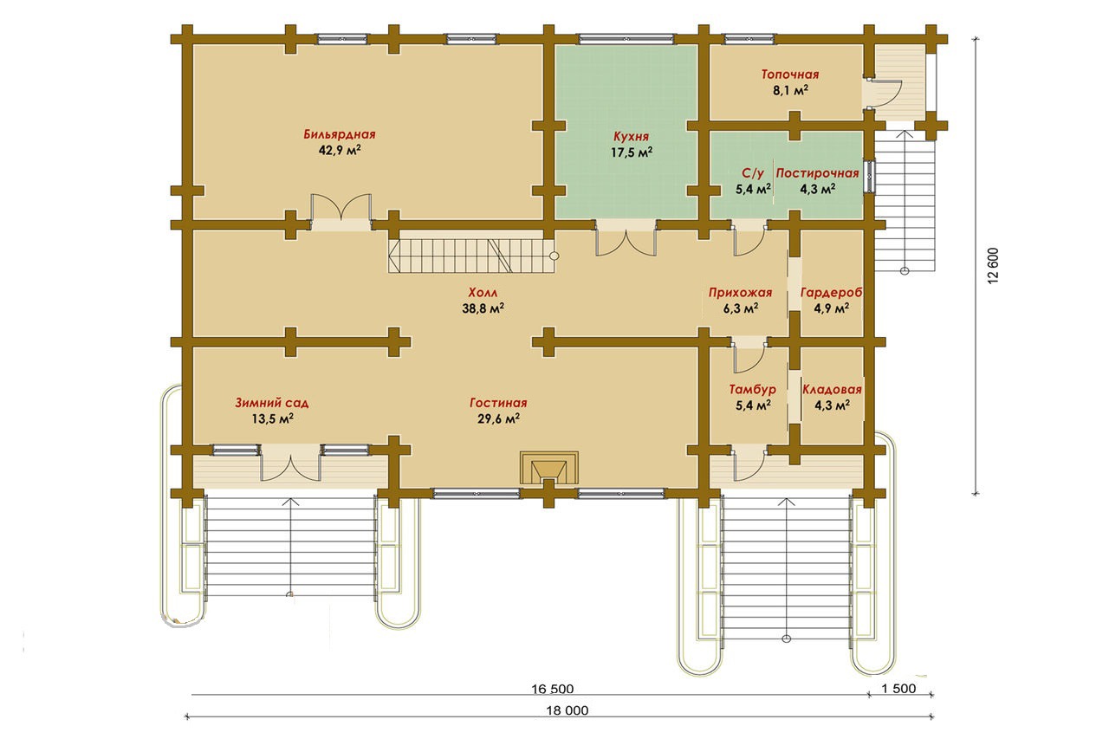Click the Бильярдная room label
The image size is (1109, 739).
(340, 134)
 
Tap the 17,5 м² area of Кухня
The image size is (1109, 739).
(632, 152)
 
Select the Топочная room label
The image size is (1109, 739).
(790, 75)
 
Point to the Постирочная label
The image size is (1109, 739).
(817, 173)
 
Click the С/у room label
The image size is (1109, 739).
(753, 173)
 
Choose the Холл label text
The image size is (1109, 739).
(483, 293)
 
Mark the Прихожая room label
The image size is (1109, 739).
(740, 293)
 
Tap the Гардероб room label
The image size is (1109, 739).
(832, 293)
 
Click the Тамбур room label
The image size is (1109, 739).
(753, 390)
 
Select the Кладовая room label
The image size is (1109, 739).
(833, 390)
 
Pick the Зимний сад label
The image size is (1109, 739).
(272, 403)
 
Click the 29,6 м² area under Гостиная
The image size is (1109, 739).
(498, 418)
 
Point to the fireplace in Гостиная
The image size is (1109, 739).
(548, 467)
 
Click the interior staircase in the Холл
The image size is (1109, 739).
(471, 256)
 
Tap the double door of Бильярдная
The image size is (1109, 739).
(341, 212)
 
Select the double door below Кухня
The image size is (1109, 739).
(626, 238)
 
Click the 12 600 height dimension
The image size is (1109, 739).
(993, 265)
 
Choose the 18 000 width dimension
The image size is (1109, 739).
(567, 710)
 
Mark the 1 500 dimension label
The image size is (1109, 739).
(898, 689)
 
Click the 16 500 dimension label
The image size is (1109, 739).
(553, 689)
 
